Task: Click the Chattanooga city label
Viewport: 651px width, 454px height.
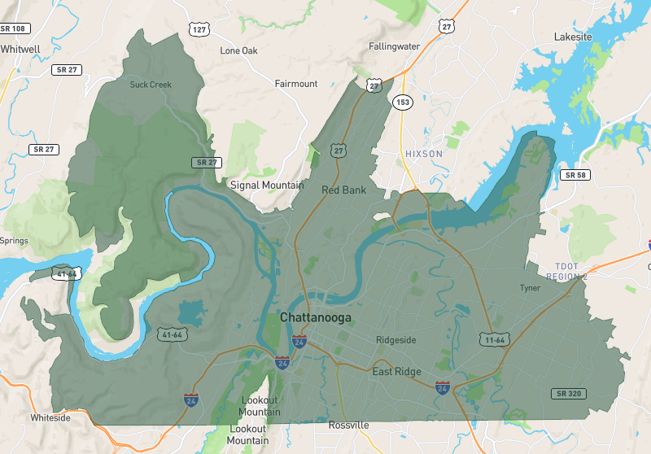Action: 316,317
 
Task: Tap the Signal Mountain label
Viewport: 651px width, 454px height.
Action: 267,185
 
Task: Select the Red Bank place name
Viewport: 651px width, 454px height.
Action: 343,190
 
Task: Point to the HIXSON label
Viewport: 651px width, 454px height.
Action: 424,154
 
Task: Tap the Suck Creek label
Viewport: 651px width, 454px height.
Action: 151,85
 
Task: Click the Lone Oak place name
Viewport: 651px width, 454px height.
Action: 240,50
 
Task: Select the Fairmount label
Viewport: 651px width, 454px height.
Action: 296,84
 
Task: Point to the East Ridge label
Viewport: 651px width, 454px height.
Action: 396,372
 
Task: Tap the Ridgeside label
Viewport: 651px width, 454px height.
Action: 396,340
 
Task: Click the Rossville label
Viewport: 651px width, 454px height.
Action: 348,426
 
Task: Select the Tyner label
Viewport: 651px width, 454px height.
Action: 530,288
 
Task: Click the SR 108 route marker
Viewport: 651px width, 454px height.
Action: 14,28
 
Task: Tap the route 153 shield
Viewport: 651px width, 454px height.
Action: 401,102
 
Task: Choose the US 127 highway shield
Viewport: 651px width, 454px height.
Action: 199,29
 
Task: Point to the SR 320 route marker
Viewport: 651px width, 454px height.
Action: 567,394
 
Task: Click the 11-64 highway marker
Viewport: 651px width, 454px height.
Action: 494,338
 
